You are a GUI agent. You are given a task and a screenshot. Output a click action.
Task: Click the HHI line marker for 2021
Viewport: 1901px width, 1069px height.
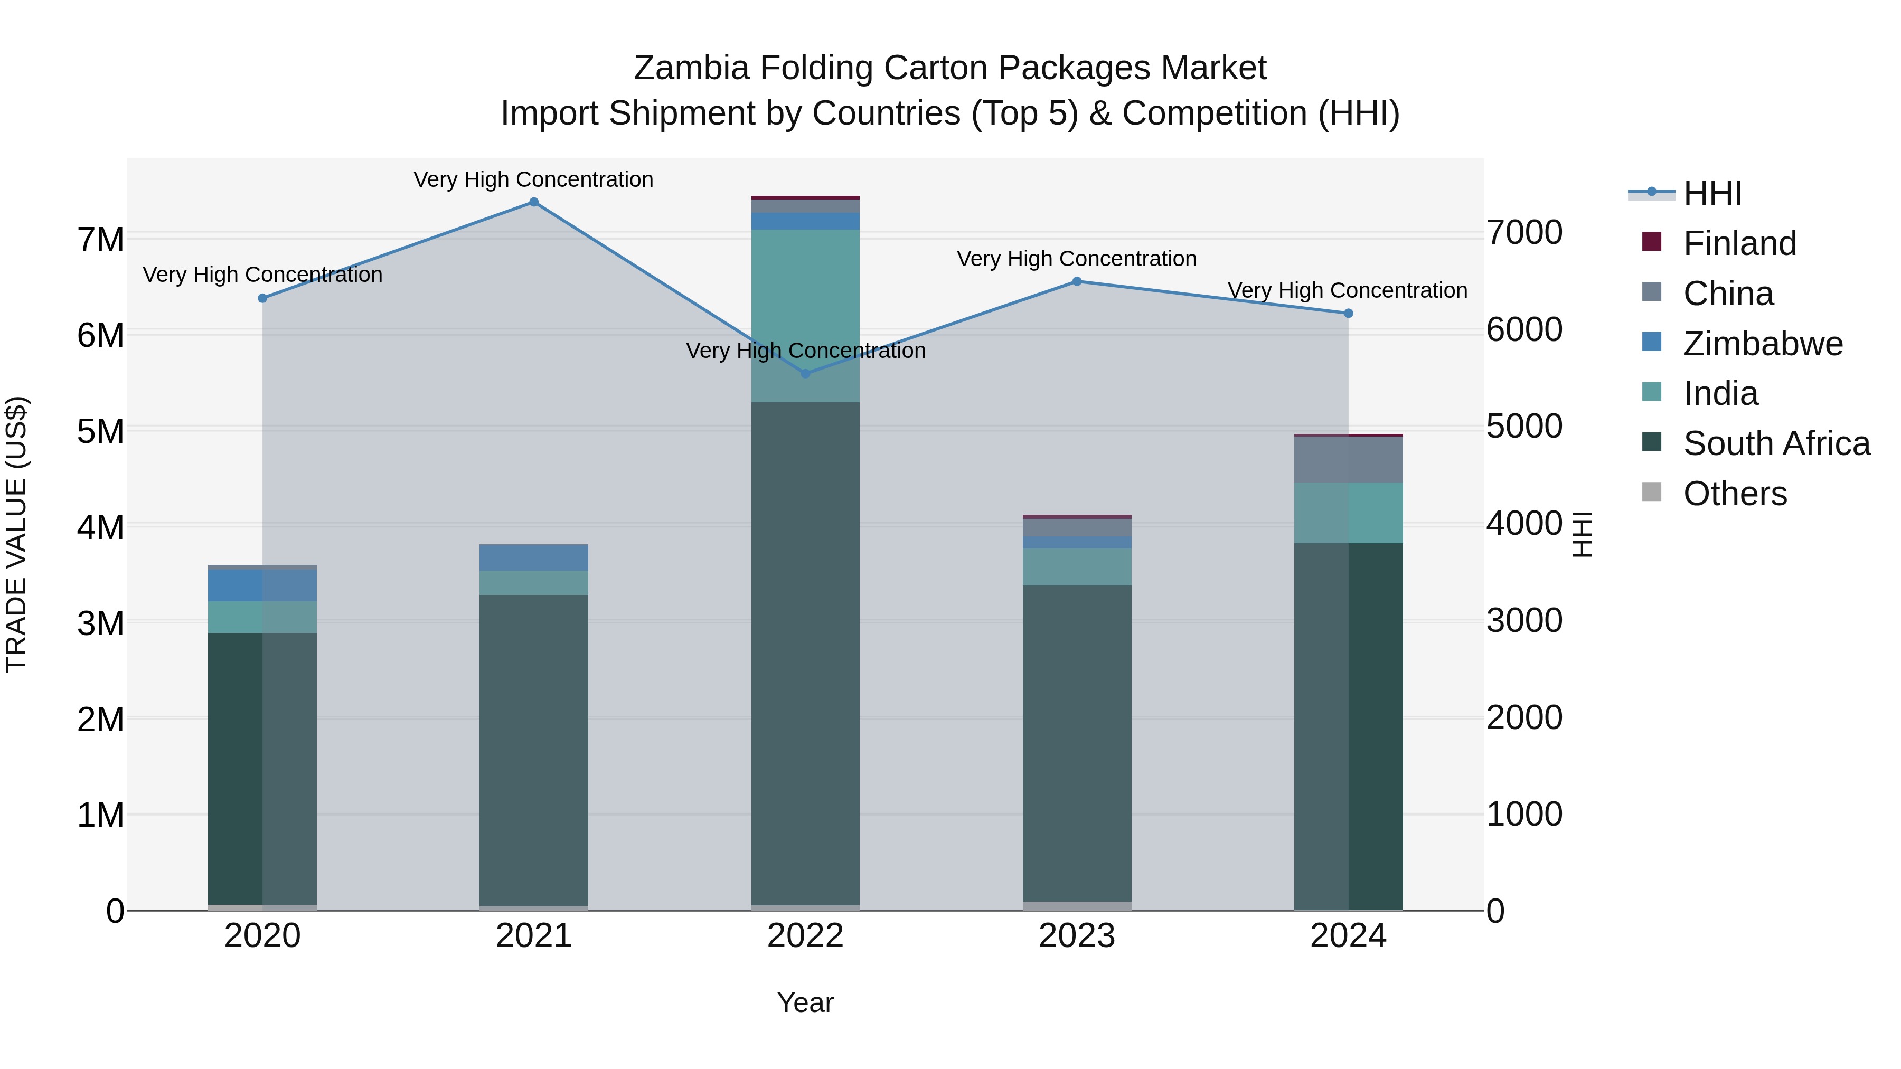pos(533,202)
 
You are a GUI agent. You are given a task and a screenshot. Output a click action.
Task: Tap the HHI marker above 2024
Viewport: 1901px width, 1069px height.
pos(1348,314)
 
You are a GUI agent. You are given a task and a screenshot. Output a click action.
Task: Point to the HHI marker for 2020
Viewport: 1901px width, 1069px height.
pos(263,298)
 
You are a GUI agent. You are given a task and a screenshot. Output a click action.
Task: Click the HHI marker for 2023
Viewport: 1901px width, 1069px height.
pos(1077,281)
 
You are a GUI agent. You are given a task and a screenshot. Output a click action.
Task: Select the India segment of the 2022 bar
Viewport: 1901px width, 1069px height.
pos(805,315)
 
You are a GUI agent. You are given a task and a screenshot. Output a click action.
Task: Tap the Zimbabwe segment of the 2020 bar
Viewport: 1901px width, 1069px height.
pos(263,585)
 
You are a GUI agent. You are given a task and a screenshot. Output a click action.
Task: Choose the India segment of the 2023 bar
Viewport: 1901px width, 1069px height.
pos(1077,566)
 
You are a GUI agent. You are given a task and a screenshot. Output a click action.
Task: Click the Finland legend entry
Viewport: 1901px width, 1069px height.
pos(1739,243)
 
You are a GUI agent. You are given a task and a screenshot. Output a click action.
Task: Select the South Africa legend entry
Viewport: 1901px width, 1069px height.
pos(1776,443)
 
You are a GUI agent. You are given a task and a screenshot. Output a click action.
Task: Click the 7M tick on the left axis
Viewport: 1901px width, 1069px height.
pos(100,240)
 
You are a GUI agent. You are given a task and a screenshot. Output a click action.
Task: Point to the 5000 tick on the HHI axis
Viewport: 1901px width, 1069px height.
pos(1524,427)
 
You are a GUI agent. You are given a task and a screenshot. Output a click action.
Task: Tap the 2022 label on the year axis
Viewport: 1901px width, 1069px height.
pos(805,936)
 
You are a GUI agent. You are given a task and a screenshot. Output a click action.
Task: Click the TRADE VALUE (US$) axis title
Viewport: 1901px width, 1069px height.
pos(16,534)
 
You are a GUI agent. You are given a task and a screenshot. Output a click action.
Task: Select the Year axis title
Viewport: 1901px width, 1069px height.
pos(805,1002)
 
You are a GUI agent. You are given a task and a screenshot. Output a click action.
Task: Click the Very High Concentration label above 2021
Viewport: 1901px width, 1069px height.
pos(533,179)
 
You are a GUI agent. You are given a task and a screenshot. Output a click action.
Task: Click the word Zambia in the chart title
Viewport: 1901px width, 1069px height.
pos(691,68)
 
